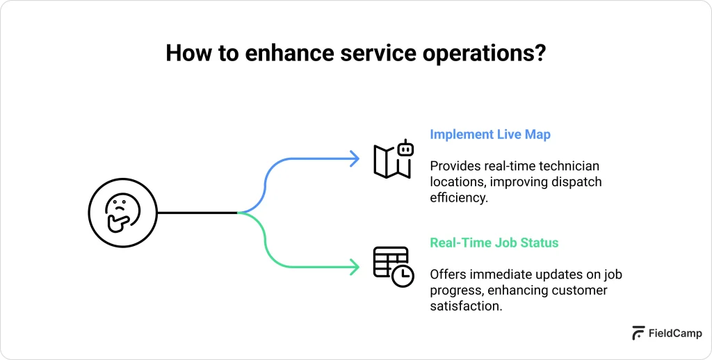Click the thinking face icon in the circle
[123, 213]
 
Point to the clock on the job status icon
[403, 275]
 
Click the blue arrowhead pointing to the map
[354, 159]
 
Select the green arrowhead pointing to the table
[354, 266]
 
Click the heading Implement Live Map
[489, 135]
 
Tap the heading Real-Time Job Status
[494, 243]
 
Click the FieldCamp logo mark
[638, 333]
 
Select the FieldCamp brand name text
[674, 333]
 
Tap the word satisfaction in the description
[465, 306]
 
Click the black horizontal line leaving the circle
[197, 213]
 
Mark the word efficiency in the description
[457, 197]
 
